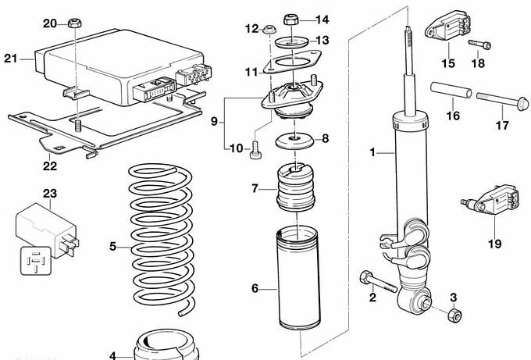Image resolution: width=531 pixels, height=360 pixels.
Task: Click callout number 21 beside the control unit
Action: [x=10, y=58]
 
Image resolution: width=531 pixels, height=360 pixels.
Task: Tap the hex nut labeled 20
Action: [x=74, y=22]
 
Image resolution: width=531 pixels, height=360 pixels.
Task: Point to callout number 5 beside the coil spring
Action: [x=112, y=247]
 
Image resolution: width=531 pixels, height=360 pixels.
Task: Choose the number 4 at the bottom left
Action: [x=112, y=356]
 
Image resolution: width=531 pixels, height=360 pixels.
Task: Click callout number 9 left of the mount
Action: [x=214, y=122]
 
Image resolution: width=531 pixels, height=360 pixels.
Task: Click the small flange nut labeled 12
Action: [x=267, y=30]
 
